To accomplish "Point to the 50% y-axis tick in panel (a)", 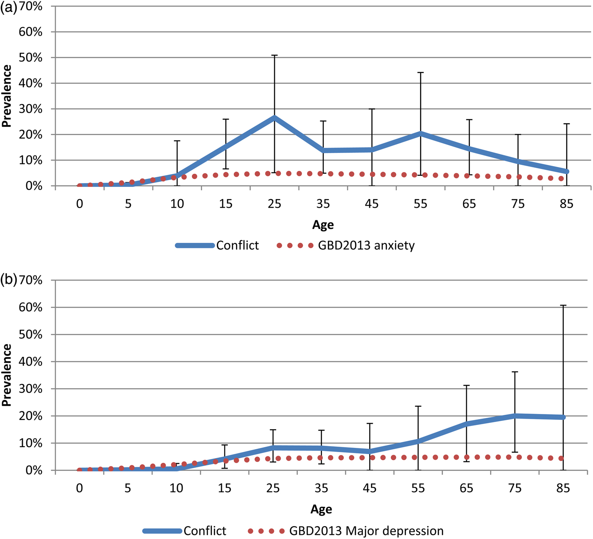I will coord(30,58).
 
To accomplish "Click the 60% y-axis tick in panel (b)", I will coord(30,307).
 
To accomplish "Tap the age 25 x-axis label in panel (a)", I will coord(274,204).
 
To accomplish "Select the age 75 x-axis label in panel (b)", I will coord(515,489).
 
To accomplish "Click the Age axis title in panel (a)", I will coord(323,225).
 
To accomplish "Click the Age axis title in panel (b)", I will coord(321,509).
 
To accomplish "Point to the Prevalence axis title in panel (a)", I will coord(6,96).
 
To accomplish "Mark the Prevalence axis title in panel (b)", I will coord(6,375).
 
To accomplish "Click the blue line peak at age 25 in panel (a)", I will coord(274,117).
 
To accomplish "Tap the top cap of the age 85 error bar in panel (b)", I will coord(563,305).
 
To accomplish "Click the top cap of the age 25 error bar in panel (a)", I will coord(274,55).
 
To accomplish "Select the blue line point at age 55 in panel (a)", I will coord(421,133).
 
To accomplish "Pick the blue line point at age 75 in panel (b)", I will coord(515,416).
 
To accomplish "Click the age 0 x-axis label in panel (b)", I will coord(80,489).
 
